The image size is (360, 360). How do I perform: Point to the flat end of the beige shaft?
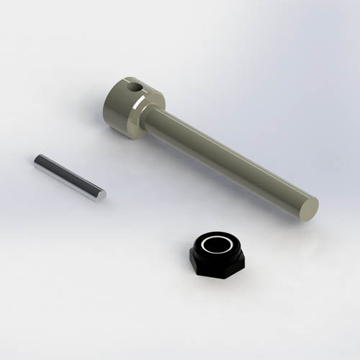(x=308, y=208)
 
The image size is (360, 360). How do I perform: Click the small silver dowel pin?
(x=69, y=177)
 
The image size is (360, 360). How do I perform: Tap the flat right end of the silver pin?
(x=101, y=194)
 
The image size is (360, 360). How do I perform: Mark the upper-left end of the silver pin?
(x=37, y=161)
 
